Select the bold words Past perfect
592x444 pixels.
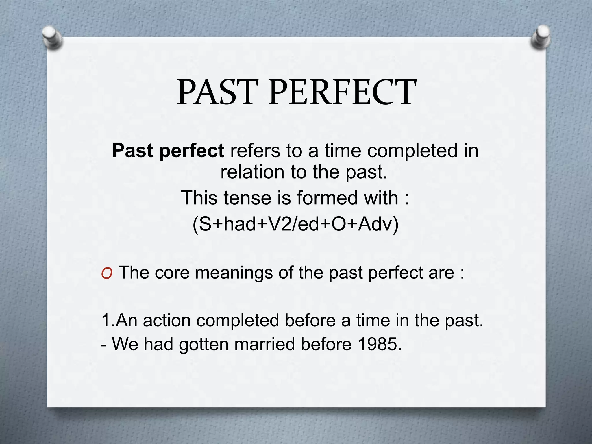(168, 151)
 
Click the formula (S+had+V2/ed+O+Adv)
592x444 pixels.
(295, 224)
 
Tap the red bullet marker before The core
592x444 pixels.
(107, 273)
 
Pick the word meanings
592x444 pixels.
(234, 273)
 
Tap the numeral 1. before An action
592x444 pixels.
(108, 321)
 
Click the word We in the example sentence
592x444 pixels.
(125, 344)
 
